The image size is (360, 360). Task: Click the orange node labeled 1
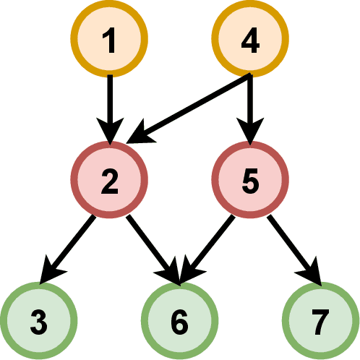[x=109, y=39]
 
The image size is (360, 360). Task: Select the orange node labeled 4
[x=249, y=39]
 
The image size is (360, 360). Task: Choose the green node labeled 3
[x=39, y=320]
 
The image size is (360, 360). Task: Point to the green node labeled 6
[x=179, y=320]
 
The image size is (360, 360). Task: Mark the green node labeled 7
[x=320, y=320]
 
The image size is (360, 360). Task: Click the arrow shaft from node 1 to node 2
[x=109, y=101]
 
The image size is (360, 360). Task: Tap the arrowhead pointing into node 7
[x=312, y=275]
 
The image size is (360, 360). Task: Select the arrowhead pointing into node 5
[x=249, y=134]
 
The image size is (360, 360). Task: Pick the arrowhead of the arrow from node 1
[x=109, y=134]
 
